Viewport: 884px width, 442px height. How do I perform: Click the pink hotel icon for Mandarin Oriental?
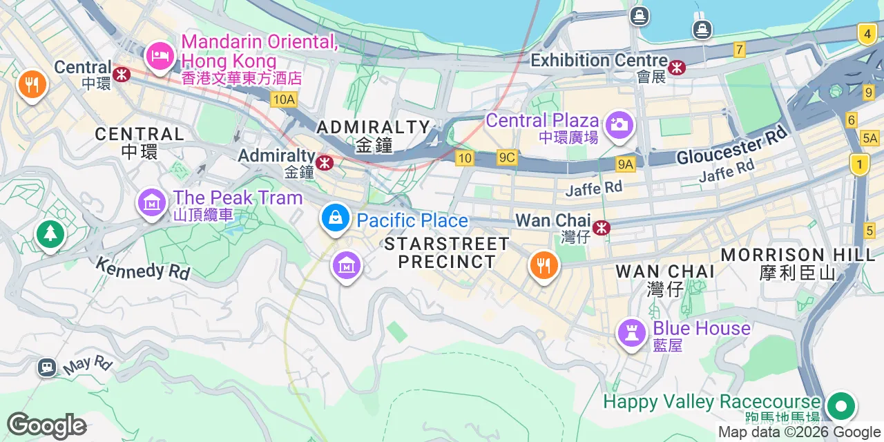(160, 55)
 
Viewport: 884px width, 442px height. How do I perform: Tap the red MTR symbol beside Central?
(122, 73)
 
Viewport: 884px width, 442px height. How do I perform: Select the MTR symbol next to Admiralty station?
(325, 163)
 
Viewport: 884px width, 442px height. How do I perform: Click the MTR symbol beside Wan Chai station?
(602, 227)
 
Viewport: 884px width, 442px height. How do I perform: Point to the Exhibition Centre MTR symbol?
(678, 67)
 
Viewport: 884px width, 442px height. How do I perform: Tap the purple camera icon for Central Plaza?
(619, 125)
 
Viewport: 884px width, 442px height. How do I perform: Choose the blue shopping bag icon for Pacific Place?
(335, 219)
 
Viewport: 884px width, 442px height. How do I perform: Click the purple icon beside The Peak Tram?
(151, 202)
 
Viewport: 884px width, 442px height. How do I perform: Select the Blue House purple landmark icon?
(631, 332)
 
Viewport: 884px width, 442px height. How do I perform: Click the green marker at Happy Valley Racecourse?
(840, 405)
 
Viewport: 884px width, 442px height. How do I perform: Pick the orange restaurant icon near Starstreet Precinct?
(544, 265)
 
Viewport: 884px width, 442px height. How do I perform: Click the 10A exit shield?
(284, 100)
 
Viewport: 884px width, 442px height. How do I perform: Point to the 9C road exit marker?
(506, 158)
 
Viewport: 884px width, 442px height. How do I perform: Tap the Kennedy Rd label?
(143, 268)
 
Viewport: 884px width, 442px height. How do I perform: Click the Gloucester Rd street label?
(732, 146)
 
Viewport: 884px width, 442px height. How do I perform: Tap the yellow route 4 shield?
(866, 32)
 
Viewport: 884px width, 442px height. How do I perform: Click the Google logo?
(46, 426)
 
